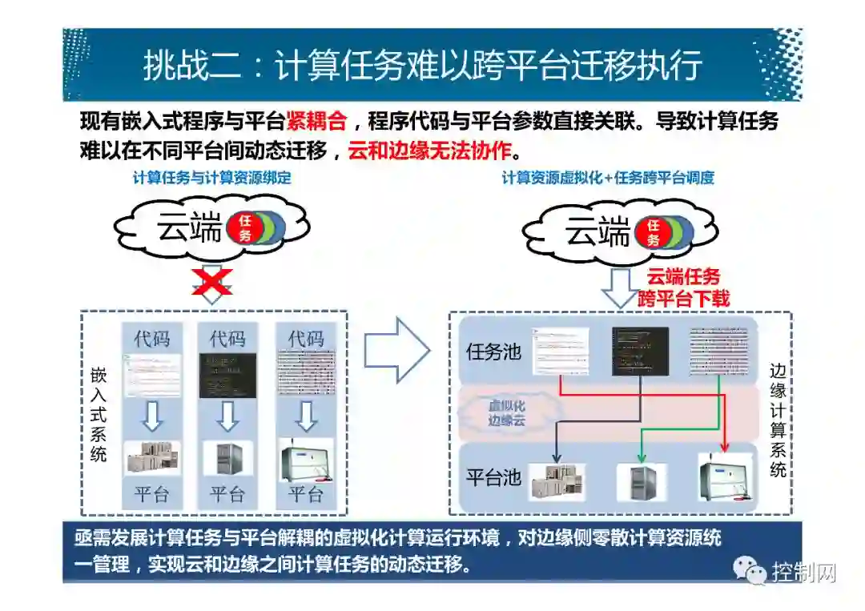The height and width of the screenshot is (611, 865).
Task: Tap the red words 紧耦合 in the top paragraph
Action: [x=316, y=122]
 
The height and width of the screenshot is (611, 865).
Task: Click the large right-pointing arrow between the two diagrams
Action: [x=397, y=350]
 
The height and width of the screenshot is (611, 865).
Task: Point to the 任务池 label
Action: [x=494, y=352]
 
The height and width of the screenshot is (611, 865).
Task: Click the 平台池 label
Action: [x=494, y=478]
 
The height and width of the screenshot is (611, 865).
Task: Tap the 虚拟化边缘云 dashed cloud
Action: [x=507, y=413]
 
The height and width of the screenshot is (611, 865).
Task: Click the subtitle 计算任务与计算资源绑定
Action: [x=212, y=179]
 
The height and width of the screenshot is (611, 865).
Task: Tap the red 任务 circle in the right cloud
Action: [x=654, y=233]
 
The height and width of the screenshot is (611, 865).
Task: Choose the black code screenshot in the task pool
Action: [x=639, y=351]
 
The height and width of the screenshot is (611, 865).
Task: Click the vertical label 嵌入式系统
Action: [x=99, y=413]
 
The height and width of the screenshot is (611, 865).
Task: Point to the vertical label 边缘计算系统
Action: [x=777, y=420]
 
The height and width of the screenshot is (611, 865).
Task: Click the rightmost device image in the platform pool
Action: [x=725, y=477]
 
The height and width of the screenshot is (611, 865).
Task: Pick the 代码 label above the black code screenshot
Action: [x=227, y=339]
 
